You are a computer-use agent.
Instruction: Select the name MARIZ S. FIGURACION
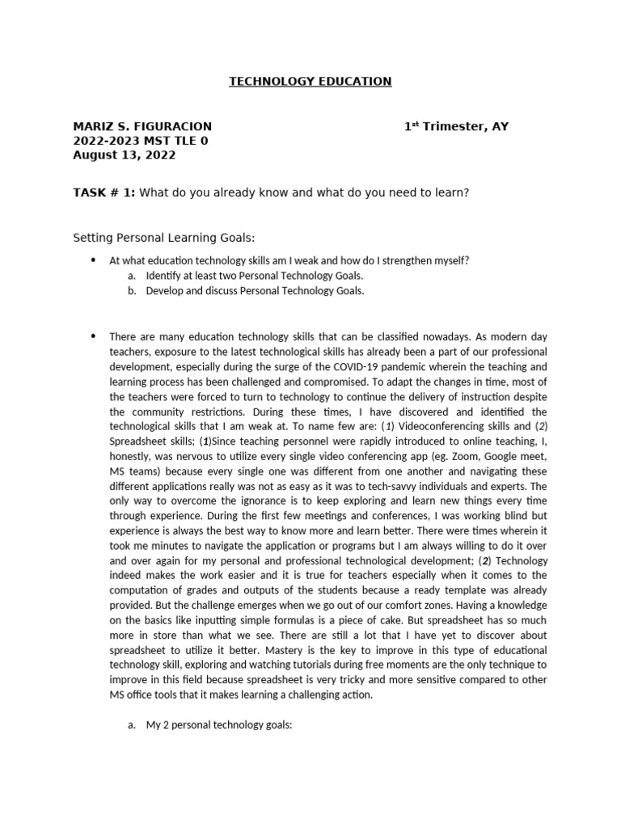click(142, 127)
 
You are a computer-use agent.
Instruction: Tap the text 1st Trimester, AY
click(456, 127)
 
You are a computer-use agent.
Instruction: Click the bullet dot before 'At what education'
click(93, 260)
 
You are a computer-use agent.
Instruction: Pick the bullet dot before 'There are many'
click(93, 336)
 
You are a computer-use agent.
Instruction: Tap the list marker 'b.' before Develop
click(132, 291)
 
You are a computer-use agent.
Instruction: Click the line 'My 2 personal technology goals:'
click(218, 726)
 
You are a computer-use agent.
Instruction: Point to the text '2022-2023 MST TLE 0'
click(141, 141)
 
